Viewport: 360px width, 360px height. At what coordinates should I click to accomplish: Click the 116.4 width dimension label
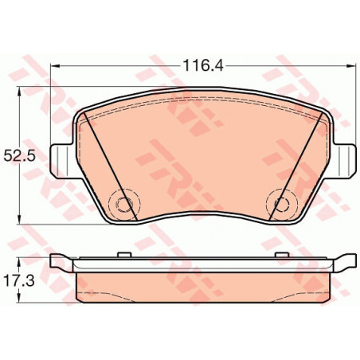pyautogui.click(x=203, y=65)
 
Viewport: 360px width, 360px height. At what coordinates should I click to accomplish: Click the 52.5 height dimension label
pyautogui.click(x=19, y=156)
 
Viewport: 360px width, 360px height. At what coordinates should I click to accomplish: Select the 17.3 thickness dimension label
pyautogui.click(x=19, y=280)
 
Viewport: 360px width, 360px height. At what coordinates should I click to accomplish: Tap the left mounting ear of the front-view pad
pyautogui.click(x=61, y=161)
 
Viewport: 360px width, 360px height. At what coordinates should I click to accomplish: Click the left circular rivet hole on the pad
pyautogui.click(x=123, y=205)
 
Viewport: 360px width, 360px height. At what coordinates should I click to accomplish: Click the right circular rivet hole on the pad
pyautogui.click(x=282, y=205)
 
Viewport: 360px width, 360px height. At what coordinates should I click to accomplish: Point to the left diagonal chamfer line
pyautogui.click(x=111, y=166)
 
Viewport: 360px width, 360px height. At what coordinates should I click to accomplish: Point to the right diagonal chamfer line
pyautogui.click(x=295, y=166)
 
